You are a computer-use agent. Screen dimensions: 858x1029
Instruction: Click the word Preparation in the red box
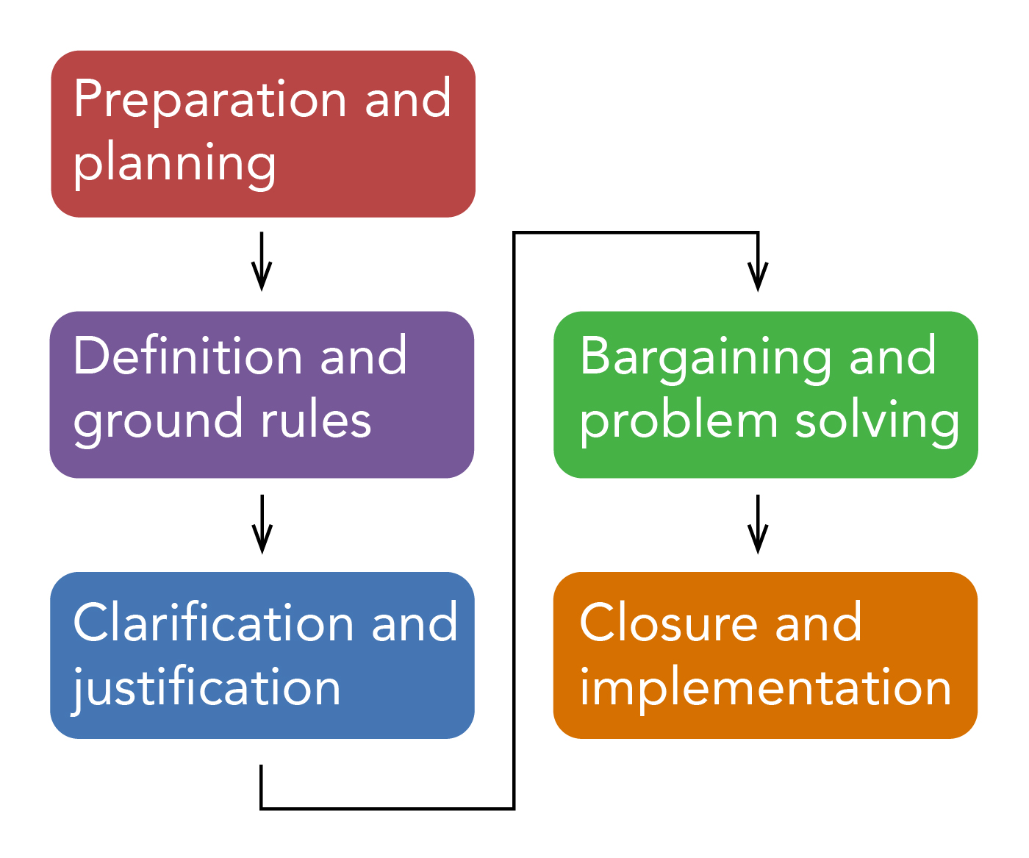tap(209, 100)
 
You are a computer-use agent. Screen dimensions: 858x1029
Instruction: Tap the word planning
tap(175, 164)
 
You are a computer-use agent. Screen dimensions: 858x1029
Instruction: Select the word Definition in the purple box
tap(187, 357)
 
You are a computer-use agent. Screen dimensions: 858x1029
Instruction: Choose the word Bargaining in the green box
tap(705, 357)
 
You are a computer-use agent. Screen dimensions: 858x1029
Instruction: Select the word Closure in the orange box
tap(668, 623)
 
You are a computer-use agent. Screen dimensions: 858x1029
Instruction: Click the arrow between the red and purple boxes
tap(262, 262)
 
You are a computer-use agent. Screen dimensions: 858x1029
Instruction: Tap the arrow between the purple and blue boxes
tap(262, 523)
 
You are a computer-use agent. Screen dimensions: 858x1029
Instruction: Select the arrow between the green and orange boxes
tap(758, 523)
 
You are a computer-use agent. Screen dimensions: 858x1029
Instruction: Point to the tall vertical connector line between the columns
tap(514, 515)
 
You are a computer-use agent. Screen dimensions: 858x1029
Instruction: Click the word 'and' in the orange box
tap(819, 623)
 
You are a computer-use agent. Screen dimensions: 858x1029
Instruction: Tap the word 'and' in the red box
tap(408, 100)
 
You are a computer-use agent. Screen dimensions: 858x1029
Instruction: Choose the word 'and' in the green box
tap(893, 357)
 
